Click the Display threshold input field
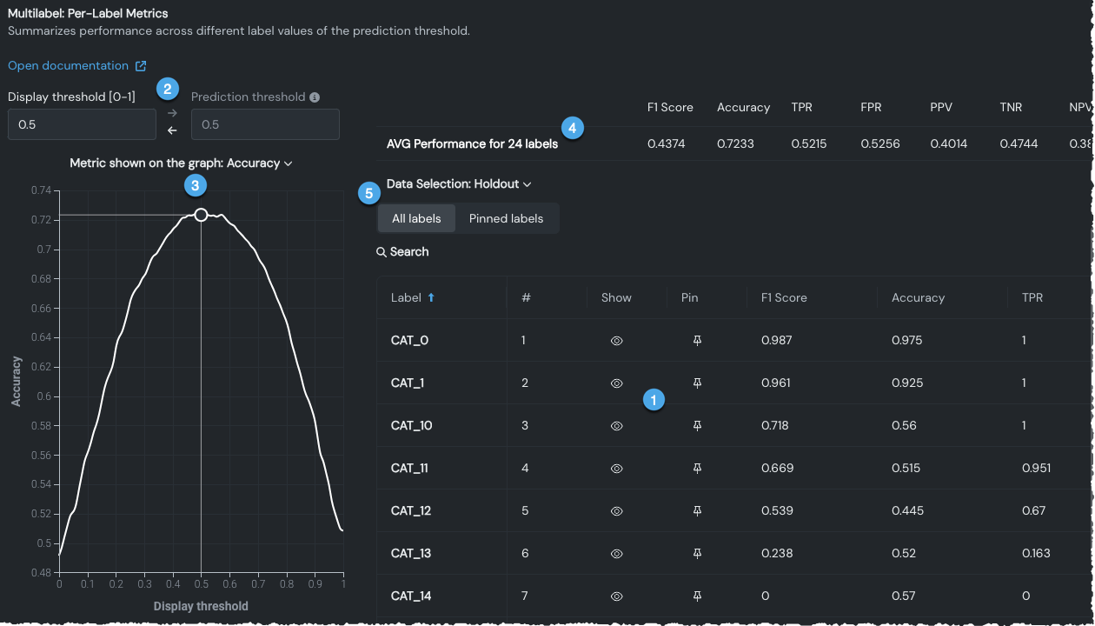(x=82, y=124)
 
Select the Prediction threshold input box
(x=265, y=124)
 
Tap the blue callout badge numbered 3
(x=196, y=184)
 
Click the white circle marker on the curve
(x=201, y=215)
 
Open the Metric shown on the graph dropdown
(x=181, y=163)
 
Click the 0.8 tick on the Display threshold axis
(x=287, y=584)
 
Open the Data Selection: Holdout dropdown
(x=459, y=184)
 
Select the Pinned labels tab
(x=506, y=218)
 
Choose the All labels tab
(x=416, y=218)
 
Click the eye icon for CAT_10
(x=616, y=426)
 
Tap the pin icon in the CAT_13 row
(x=697, y=554)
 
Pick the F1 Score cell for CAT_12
(x=777, y=511)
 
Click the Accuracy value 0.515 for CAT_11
(x=906, y=469)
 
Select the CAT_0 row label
(x=409, y=341)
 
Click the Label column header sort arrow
(x=431, y=297)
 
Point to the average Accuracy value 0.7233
(x=743, y=143)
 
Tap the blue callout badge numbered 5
(x=369, y=193)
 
